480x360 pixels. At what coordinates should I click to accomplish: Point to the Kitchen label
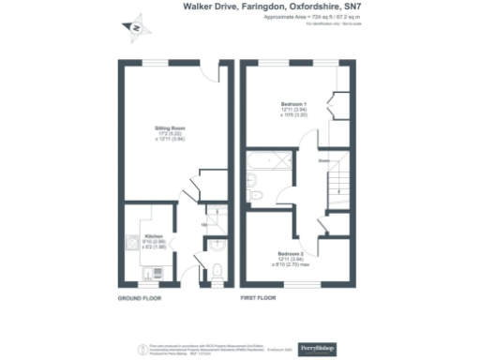[x=154, y=235]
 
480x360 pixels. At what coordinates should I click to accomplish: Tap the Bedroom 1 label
[x=293, y=103]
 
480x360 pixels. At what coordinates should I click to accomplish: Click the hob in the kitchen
[x=128, y=244]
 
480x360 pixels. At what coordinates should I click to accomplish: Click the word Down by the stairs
[x=323, y=161]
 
